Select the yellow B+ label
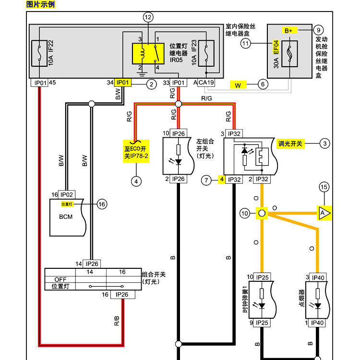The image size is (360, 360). [x=288, y=30]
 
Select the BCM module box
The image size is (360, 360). [x=67, y=217]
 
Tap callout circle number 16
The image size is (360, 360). [x=101, y=204]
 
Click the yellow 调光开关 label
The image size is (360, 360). [x=291, y=143]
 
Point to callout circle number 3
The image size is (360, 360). [x=325, y=143]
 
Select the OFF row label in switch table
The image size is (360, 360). [x=60, y=279]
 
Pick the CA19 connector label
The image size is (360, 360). [x=206, y=83]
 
